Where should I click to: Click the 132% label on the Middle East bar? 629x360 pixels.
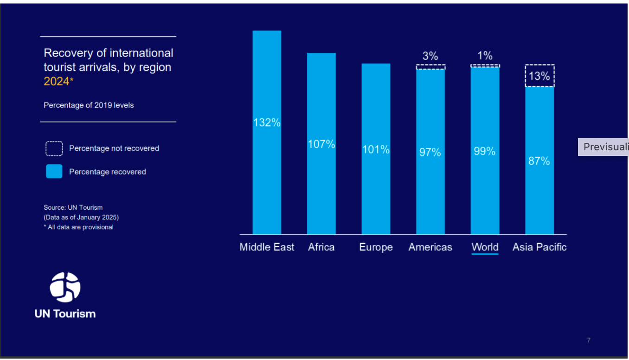pyautogui.click(x=267, y=122)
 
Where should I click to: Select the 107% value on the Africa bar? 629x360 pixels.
pyautogui.click(x=321, y=144)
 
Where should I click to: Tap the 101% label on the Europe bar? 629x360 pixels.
pyautogui.click(x=376, y=149)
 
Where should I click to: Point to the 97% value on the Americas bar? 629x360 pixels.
pyautogui.click(x=430, y=152)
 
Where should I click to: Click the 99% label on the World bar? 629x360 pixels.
pyautogui.click(x=485, y=151)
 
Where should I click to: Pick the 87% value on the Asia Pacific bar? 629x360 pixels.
pyautogui.click(x=539, y=161)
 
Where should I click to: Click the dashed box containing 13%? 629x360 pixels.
pyautogui.click(x=539, y=76)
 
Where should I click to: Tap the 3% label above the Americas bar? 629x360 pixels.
pyautogui.click(x=430, y=56)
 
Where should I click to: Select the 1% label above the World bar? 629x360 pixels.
pyautogui.click(x=485, y=56)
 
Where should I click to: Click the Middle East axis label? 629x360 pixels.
pyautogui.click(x=267, y=247)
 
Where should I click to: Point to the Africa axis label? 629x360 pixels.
pyautogui.click(x=321, y=247)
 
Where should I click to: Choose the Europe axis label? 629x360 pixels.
pyautogui.click(x=376, y=247)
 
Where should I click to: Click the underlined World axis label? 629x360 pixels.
pyautogui.click(x=485, y=247)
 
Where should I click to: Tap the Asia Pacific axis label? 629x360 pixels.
pyautogui.click(x=539, y=247)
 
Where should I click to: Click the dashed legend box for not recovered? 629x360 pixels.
pyautogui.click(x=54, y=148)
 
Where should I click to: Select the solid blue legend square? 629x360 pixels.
pyautogui.click(x=54, y=172)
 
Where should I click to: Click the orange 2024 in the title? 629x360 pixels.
pyautogui.click(x=56, y=82)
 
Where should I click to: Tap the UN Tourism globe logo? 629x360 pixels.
pyautogui.click(x=65, y=287)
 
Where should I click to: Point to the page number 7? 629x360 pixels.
pyautogui.click(x=589, y=341)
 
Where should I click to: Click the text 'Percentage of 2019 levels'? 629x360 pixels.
pyautogui.click(x=89, y=105)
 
